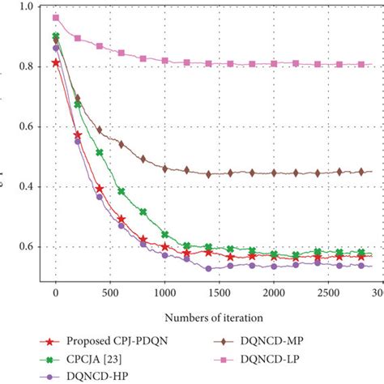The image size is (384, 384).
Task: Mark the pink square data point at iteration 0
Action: pyautogui.click(x=56, y=18)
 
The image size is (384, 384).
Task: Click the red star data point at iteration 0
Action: pyautogui.click(x=56, y=62)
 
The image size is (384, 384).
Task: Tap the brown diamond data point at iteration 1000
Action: pyautogui.click(x=164, y=169)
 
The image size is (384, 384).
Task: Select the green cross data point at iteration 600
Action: pyautogui.click(x=121, y=192)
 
